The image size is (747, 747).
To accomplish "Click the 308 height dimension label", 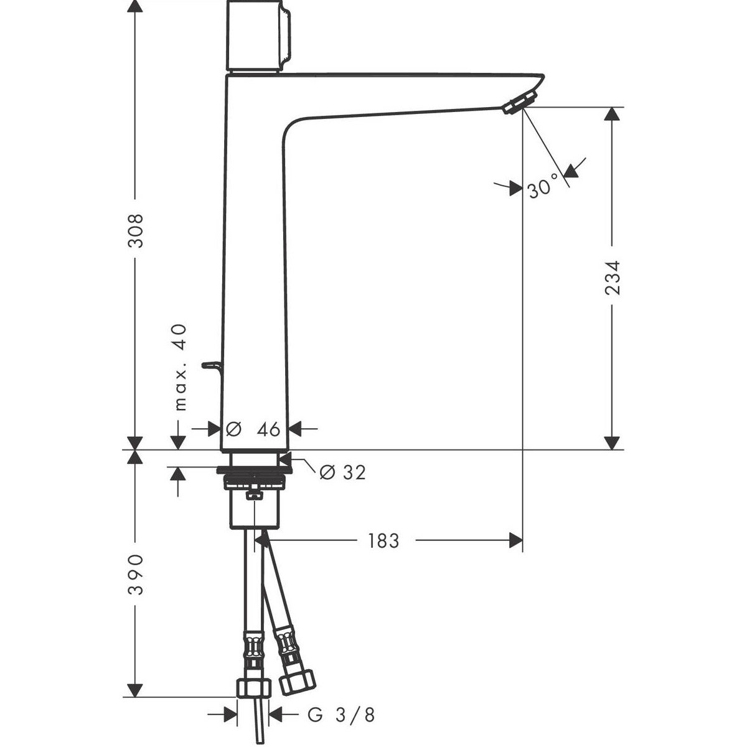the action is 136,230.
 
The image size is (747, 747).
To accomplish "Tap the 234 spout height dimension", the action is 613,278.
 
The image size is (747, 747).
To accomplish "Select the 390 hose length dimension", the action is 136,575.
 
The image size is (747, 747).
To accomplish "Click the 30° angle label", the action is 543,188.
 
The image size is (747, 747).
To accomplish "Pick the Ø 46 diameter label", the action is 253,429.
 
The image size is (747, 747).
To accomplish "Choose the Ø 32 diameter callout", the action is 342,472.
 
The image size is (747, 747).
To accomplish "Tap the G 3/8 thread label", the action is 341,703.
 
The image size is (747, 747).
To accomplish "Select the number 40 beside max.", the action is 179,337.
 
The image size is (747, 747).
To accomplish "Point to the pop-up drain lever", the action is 212,370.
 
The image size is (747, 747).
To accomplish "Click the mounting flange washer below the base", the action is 255,470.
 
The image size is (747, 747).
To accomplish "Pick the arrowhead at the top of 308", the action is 135,6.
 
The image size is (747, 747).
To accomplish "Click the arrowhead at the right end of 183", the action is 516,540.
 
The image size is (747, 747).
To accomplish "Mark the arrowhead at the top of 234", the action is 612,113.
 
